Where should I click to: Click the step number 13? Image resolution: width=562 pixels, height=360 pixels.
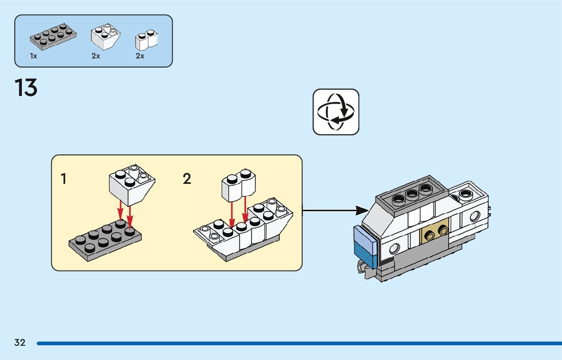click(26, 88)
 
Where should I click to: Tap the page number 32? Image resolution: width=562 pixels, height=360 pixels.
click(20, 343)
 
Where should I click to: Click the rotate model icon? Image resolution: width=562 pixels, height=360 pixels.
click(336, 112)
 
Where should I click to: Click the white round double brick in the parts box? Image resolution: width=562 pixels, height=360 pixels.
click(146, 40)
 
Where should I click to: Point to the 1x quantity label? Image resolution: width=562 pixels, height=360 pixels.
click(34, 56)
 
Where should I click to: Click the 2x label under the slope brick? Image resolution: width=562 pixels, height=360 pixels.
click(96, 56)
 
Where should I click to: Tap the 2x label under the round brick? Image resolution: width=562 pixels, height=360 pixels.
click(140, 56)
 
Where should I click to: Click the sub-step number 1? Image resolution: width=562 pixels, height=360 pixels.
click(64, 179)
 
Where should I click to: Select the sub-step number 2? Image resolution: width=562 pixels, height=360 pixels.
click(186, 179)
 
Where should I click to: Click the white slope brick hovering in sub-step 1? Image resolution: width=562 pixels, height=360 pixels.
click(132, 185)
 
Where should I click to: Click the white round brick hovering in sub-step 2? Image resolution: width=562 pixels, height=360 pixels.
click(238, 185)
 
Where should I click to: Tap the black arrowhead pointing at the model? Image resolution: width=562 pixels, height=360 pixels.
click(362, 211)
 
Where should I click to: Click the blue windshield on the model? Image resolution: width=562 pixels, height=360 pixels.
click(366, 247)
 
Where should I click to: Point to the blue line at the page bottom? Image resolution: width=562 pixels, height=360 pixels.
click(299, 343)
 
